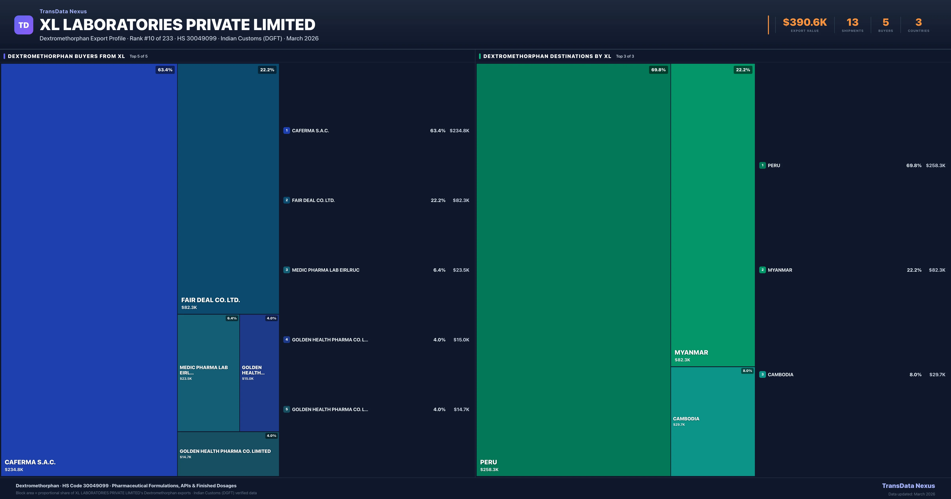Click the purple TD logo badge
pyautogui.click(x=24, y=25)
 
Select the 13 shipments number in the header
pyautogui.click(x=852, y=23)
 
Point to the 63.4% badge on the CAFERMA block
pyautogui.click(x=165, y=70)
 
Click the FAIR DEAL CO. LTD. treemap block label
pyautogui.click(x=210, y=300)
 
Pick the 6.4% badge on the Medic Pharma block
pyautogui.click(x=232, y=318)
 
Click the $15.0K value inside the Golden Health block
pyautogui.click(x=248, y=379)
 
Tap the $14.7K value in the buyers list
pyautogui.click(x=461, y=409)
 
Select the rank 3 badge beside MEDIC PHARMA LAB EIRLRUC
pyautogui.click(x=286, y=270)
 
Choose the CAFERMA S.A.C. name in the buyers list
pyautogui.click(x=310, y=131)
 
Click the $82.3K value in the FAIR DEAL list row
pyautogui.click(x=461, y=200)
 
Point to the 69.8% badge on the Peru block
pyautogui.click(x=658, y=70)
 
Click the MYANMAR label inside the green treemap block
pyautogui.click(x=691, y=352)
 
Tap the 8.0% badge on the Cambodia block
pyautogui.click(x=747, y=370)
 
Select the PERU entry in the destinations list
pyautogui.click(x=774, y=165)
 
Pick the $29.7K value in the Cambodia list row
pyautogui.click(x=937, y=375)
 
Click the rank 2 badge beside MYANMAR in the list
pyautogui.click(x=762, y=270)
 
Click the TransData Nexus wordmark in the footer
pyautogui.click(x=908, y=486)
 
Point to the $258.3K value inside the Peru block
pyautogui.click(x=489, y=469)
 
